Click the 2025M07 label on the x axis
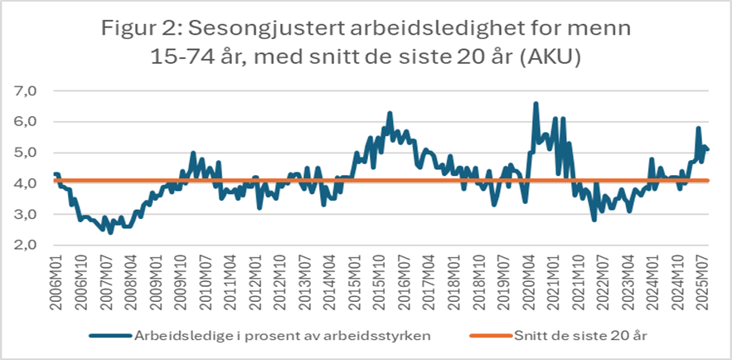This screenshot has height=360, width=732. [705, 276]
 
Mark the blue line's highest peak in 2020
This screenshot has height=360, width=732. [536, 103]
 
